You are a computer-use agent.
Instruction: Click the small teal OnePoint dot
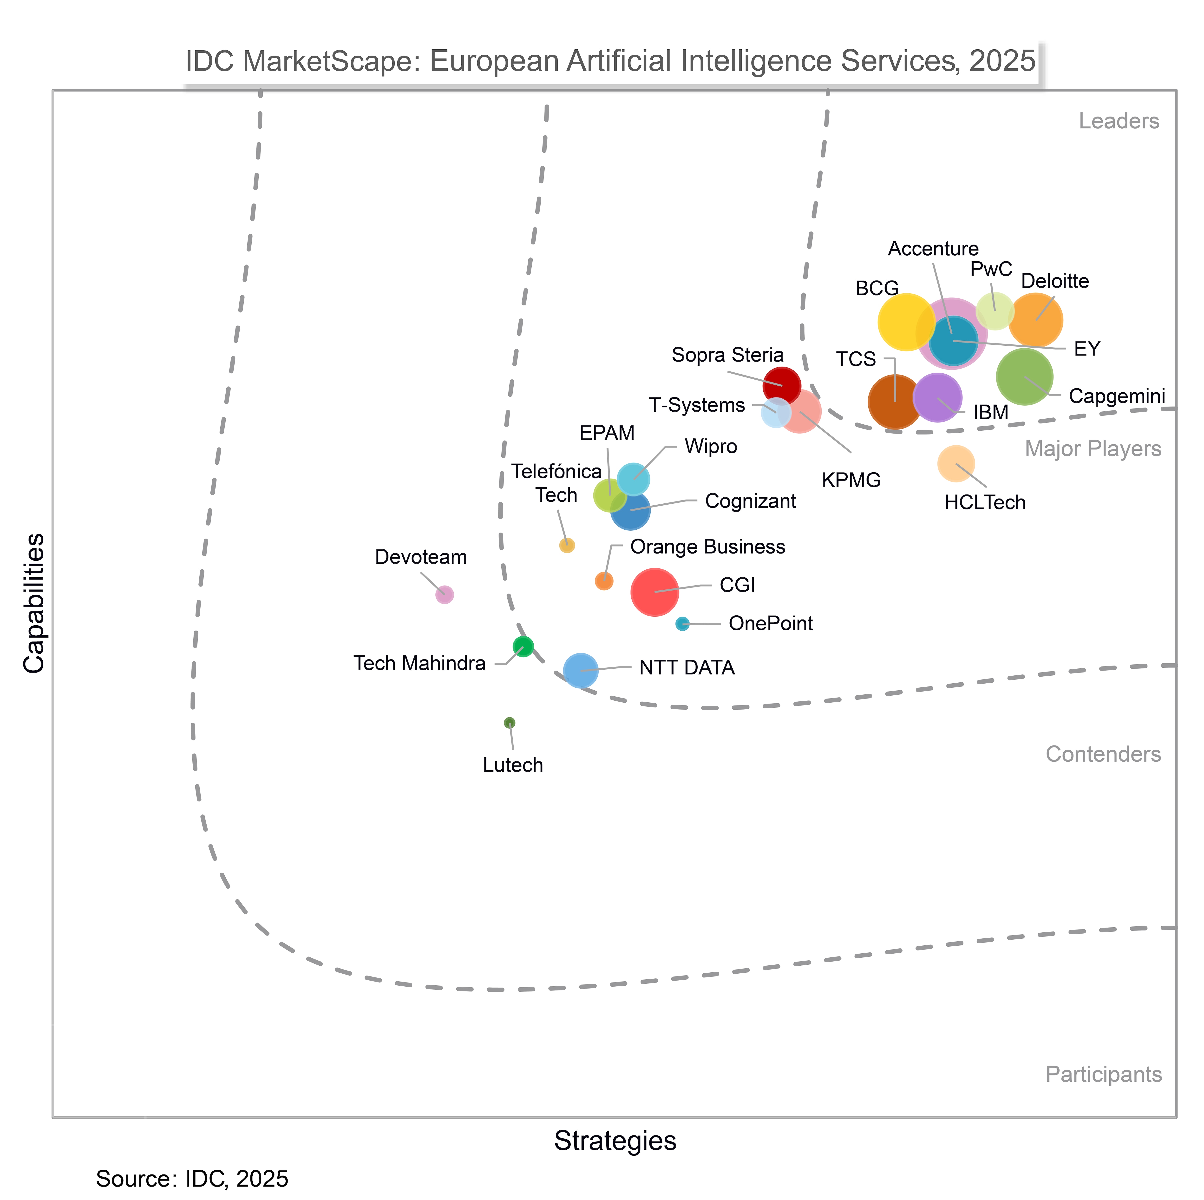[682, 623]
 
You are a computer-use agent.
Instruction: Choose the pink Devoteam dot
[444, 595]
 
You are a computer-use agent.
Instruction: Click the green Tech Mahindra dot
[523, 646]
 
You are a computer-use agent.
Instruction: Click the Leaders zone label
[1119, 121]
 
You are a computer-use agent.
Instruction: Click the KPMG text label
[851, 480]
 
